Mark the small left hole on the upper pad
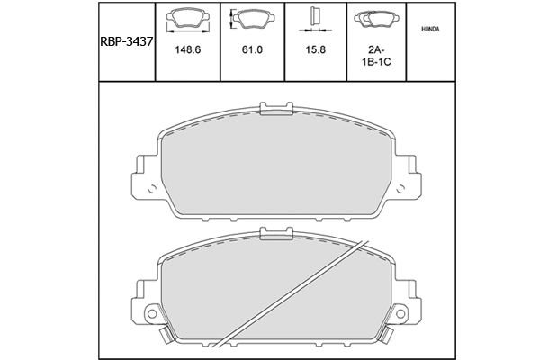tap(153, 191)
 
